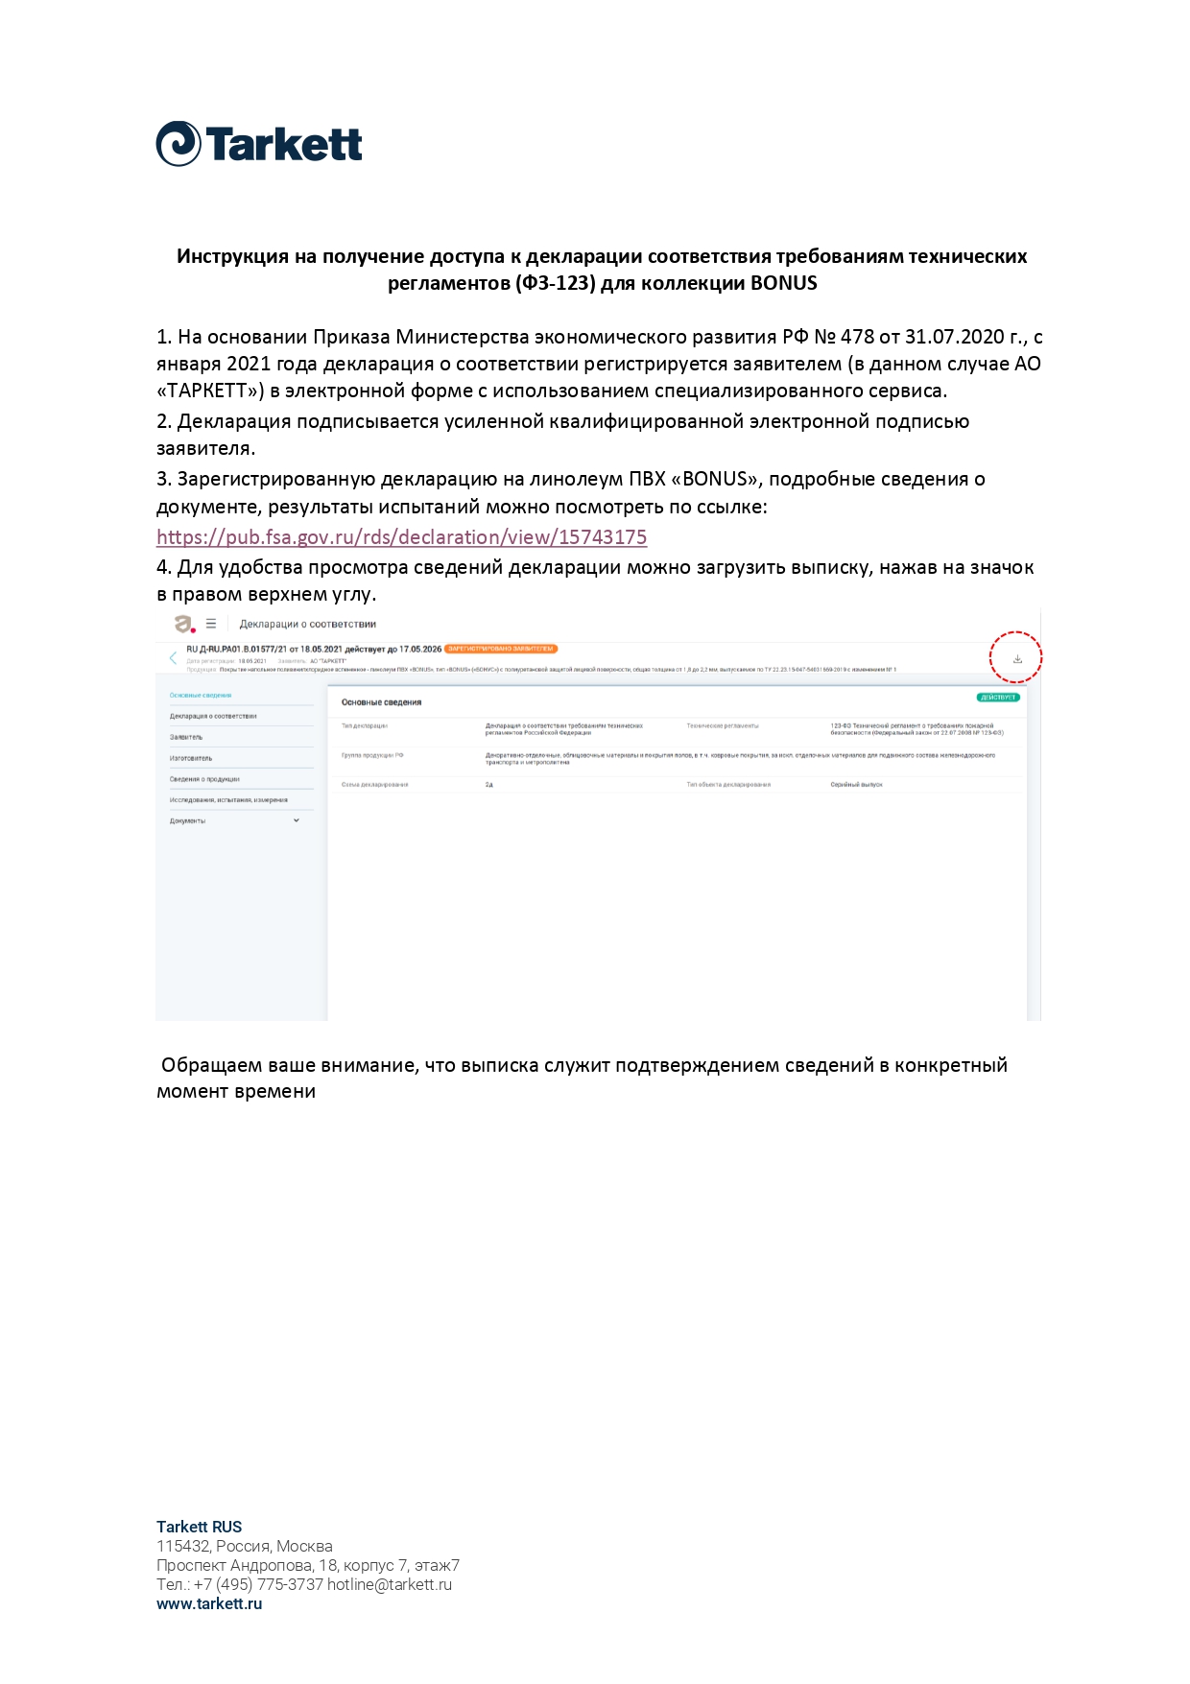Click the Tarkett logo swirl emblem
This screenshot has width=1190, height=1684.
pyautogui.click(x=178, y=144)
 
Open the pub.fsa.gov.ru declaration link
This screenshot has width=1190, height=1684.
pyautogui.click(x=401, y=537)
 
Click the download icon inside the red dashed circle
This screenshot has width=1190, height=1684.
pyautogui.click(x=1017, y=659)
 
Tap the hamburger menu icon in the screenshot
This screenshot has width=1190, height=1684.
pyautogui.click(x=211, y=624)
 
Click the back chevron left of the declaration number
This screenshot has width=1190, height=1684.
pyautogui.click(x=173, y=658)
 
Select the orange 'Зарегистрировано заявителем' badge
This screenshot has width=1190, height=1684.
pyautogui.click(x=501, y=649)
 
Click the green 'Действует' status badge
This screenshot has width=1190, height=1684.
pyautogui.click(x=998, y=698)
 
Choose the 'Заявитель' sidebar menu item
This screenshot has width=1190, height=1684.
pyautogui.click(x=186, y=737)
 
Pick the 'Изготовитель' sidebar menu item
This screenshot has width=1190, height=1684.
pyautogui.click(x=191, y=758)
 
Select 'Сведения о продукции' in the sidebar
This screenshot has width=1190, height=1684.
pyautogui.click(x=204, y=779)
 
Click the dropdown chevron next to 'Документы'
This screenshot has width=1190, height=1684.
pyautogui.click(x=297, y=820)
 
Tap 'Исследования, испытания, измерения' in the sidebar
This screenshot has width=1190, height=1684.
pyautogui.click(x=228, y=799)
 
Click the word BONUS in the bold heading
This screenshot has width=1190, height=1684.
pyautogui.click(x=783, y=283)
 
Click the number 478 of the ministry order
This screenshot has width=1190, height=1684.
pyautogui.click(x=857, y=337)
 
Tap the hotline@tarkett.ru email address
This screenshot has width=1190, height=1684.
pyautogui.click(x=389, y=1584)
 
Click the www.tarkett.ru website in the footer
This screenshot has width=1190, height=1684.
pyautogui.click(x=209, y=1603)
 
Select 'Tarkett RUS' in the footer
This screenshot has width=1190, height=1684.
pyautogui.click(x=199, y=1527)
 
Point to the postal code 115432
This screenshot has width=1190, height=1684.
pyautogui.click(x=181, y=1546)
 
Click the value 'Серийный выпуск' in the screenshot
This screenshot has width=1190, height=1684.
pyautogui.click(x=856, y=785)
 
